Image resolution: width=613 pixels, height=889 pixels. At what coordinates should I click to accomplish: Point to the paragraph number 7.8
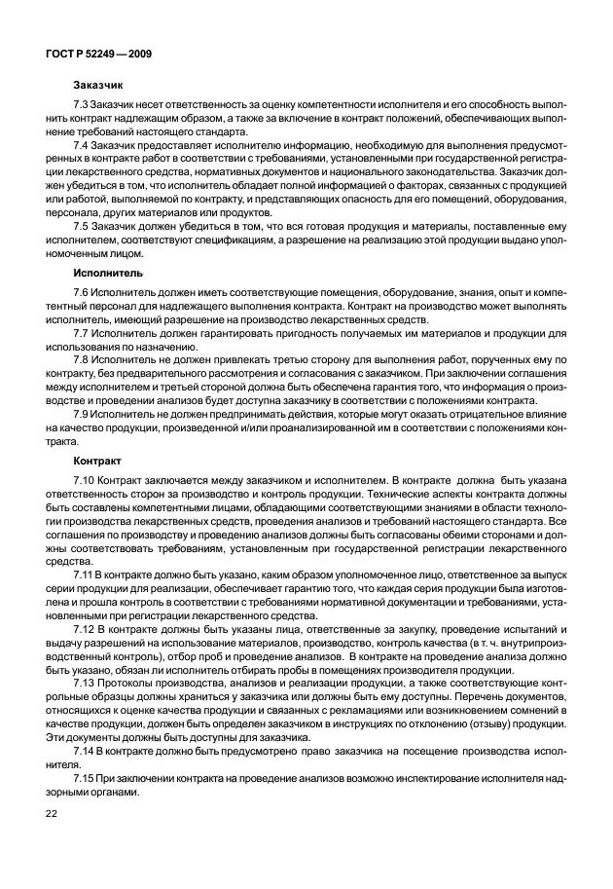coord(81,357)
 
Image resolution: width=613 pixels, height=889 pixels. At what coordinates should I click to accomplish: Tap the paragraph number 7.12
coord(84,630)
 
